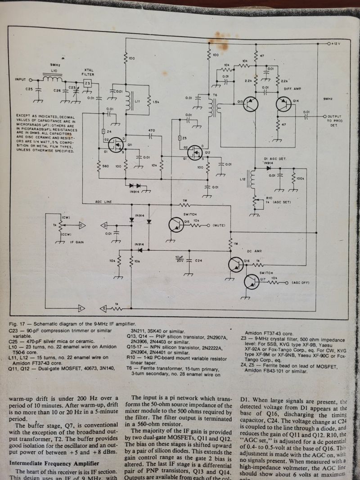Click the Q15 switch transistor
coord(176,225)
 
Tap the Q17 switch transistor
coord(252,283)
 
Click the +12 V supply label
coord(337,44)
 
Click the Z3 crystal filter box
coord(88,84)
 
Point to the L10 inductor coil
coord(54,79)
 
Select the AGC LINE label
coord(104,202)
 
